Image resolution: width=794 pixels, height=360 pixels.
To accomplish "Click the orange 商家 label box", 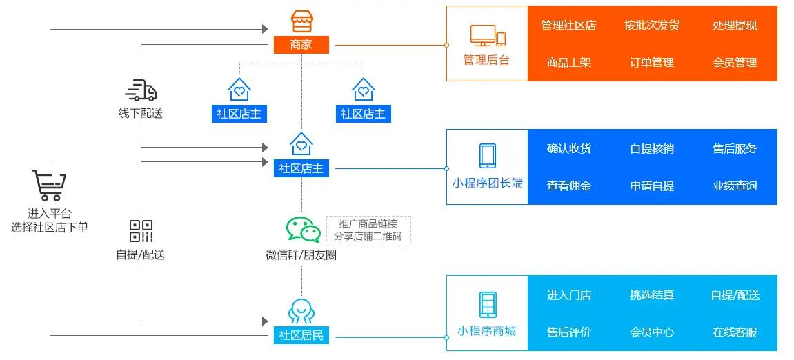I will (x=301, y=45).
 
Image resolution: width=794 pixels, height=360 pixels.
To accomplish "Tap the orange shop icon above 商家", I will (x=301, y=22).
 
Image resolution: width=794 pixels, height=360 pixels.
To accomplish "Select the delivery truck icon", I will (x=141, y=90).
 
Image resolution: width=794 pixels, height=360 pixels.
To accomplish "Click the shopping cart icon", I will (x=49, y=186).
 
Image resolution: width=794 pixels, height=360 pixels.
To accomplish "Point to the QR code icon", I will (x=141, y=231).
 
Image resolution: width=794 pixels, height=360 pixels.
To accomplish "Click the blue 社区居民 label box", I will (x=301, y=336).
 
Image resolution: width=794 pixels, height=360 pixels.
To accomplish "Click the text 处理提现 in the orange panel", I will (x=735, y=26).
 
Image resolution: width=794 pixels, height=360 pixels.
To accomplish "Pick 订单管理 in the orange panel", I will (x=652, y=62).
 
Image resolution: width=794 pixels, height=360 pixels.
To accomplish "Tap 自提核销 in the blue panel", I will (x=652, y=148).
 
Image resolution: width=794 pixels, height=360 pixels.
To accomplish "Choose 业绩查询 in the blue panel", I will (x=735, y=186).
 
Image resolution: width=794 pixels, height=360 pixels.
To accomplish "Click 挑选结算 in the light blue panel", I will (x=652, y=295).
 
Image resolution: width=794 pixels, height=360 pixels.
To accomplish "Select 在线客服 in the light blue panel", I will (x=735, y=332).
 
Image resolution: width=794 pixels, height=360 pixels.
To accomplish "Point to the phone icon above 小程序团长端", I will (x=487, y=155).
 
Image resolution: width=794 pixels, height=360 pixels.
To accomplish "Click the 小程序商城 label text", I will (x=486, y=331).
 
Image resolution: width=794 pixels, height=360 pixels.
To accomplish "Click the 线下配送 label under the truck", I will (x=141, y=114).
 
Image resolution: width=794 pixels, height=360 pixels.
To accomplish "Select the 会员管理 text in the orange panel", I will (x=735, y=62).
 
